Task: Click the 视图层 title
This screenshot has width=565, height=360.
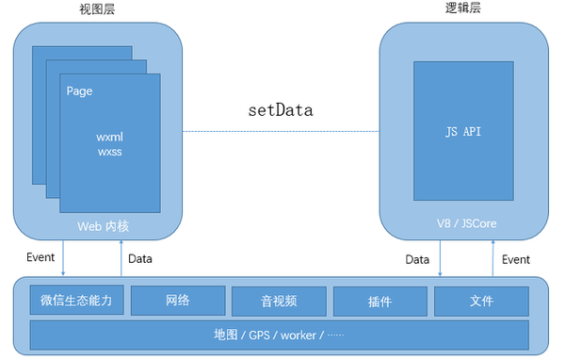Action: (97, 10)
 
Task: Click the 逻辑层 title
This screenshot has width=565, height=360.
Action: (462, 10)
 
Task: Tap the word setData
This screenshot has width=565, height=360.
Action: (280, 110)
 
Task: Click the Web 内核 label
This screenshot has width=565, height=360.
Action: (97, 227)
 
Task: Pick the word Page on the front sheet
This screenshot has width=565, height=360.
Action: (79, 91)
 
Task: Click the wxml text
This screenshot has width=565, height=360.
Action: (110, 138)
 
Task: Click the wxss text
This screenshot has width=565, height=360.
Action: (110, 152)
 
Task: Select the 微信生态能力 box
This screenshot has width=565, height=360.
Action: (76, 301)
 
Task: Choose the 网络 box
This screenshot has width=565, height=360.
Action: (177, 301)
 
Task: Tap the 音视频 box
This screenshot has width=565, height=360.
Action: (279, 302)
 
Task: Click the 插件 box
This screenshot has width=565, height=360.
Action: (379, 302)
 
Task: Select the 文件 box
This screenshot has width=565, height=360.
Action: (481, 302)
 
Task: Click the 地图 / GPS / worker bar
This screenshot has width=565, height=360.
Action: (279, 335)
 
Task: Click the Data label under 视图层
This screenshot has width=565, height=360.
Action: (140, 258)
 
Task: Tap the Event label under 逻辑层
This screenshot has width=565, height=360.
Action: (516, 258)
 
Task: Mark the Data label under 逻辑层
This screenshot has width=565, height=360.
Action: (417, 258)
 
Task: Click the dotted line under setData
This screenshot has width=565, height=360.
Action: (280, 131)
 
